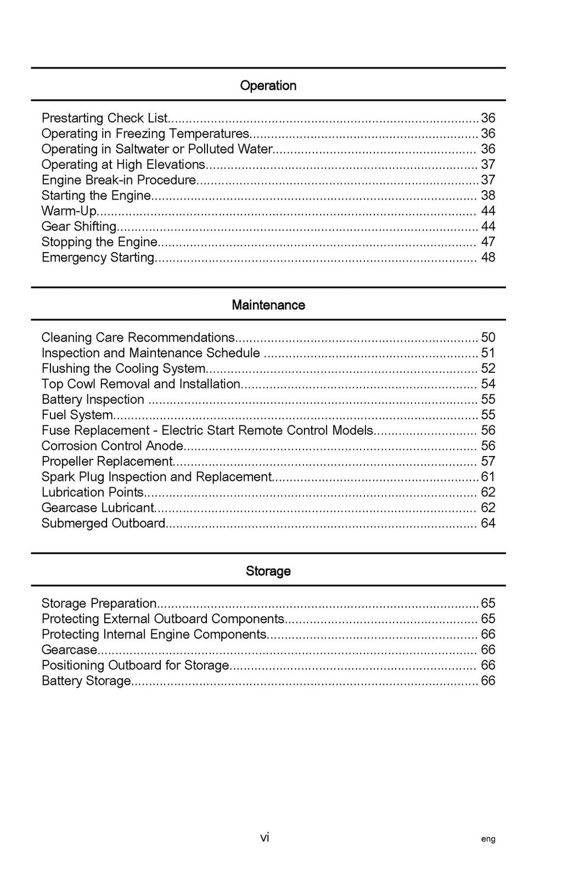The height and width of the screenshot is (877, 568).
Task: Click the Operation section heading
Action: click(x=268, y=85)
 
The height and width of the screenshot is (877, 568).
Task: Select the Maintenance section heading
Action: click(x=268, y=305)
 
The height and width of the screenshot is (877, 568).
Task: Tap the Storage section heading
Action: click(x=268, y=571)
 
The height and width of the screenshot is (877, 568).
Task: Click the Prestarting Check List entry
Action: click(x=104, y=118)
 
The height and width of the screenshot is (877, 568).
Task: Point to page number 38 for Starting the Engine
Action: click(x=488, y=196)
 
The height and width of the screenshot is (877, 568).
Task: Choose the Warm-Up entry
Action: click(x=69, y=211)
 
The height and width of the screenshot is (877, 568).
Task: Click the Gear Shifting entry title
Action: click(x=79, y=227)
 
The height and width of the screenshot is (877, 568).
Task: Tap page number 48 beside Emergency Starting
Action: click(x=488, y=258)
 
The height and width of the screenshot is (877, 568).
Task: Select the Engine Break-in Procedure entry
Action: click(x=119, y=180)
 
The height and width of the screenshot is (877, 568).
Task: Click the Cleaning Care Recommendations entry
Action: click(x=138, y=337)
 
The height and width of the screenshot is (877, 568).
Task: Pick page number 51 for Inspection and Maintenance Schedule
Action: click(x=488, y=353)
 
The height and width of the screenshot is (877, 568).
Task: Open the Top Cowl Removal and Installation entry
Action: click(x=141, y=384)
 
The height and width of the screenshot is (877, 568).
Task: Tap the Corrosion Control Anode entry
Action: click(x=113, y=446)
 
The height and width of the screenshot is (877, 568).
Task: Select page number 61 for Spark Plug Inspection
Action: click(x=488, y=477)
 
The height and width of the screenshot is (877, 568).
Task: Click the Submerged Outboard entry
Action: click(x=104, y=524)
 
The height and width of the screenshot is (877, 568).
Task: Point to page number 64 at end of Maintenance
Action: click(x=488, y=524)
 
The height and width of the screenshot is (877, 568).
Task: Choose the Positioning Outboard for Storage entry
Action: click(x=135, y=665)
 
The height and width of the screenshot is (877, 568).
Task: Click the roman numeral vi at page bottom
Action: click(x=265, y=838)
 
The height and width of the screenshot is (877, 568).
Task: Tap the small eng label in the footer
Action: click(x=488, y=839)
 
